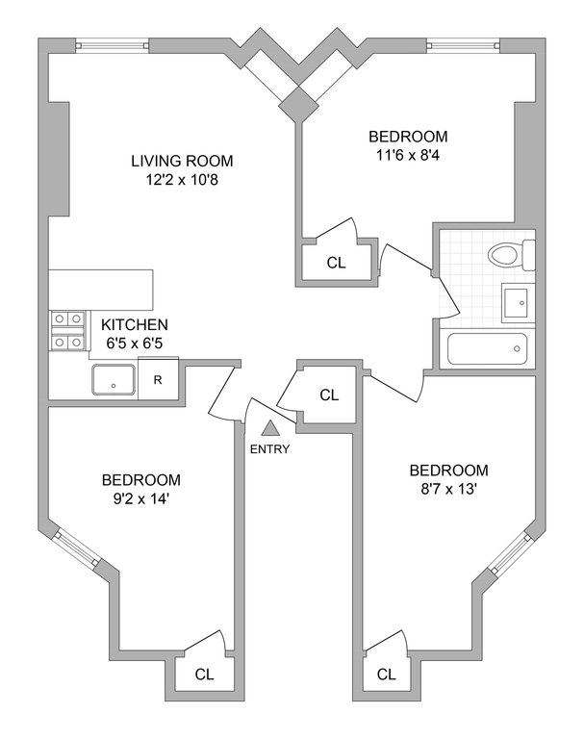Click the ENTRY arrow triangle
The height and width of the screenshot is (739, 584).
[x=269, y=428]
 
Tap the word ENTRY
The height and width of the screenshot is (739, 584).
[x=269, y=449]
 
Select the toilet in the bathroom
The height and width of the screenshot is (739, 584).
[x=512, y=255]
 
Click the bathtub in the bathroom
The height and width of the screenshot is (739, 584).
[x=487, y=348]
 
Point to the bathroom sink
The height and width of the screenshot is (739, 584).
[x=518, y=302]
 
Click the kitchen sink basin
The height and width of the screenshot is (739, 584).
[x=114, y=379]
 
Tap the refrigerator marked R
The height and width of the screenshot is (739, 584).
[x=158, y=379]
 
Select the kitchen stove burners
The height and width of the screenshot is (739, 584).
[x=67, y=330]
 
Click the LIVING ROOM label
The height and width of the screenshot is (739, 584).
[x=182, y=162]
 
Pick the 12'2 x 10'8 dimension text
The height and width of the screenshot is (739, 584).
[x=182, y=180]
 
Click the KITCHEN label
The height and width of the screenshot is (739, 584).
[x=135, y=324]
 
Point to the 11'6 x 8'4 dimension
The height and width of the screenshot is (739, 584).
[x=408, y=155]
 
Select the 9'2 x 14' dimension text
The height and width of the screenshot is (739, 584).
[x=140, y=498]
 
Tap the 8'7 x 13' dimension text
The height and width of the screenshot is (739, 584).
[x=448, y=489]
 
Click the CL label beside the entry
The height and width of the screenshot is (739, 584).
[x=329, y=395]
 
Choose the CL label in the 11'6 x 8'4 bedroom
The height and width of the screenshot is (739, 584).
[x=336, y=263]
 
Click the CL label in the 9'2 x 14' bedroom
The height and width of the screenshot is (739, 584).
[x=204, y=675]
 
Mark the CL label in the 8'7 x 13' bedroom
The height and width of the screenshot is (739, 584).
[x=387, y=675]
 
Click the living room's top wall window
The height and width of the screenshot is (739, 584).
[x=113, y=46]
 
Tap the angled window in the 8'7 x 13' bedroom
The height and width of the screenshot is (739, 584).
[x=511, y=552]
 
